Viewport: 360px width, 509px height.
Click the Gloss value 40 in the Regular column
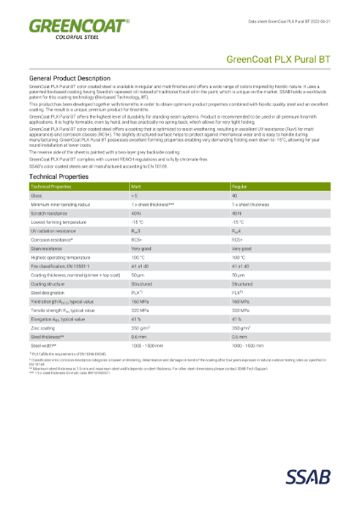234,195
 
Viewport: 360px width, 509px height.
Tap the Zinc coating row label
43,327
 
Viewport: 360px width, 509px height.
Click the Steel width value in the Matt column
148,345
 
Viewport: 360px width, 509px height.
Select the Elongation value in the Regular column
237,319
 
